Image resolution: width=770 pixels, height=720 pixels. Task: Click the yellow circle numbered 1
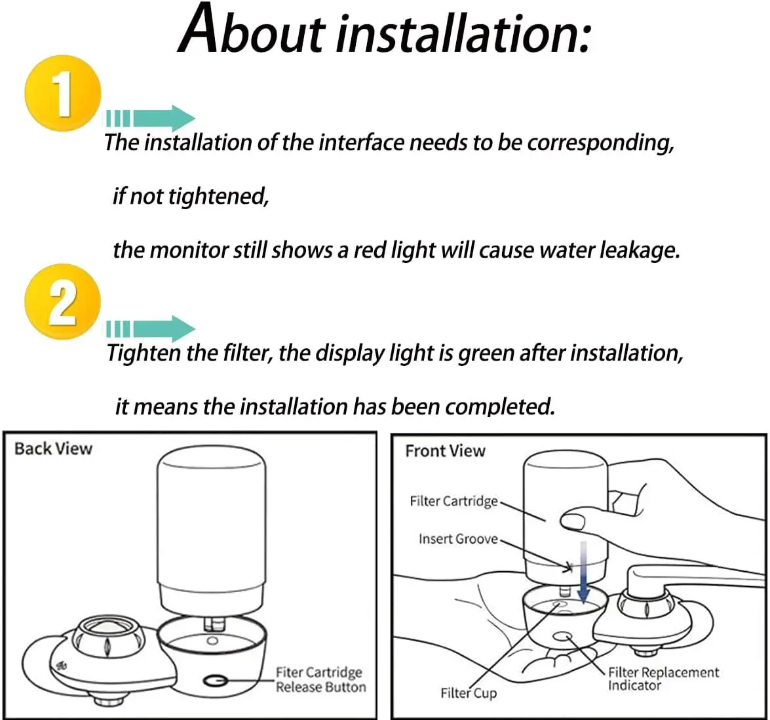coord(62,93)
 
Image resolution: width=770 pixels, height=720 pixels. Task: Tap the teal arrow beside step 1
coord(151,119)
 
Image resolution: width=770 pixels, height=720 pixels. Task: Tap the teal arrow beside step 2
coord(151,329)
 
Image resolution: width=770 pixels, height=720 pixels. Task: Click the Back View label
coord(53,449)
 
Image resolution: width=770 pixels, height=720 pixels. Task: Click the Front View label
coord(445,451)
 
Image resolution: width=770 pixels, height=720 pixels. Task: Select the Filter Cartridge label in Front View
coord(453,501)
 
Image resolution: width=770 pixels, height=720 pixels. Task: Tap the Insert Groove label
coord(457,539)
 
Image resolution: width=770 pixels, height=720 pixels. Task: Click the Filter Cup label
coord(469,693)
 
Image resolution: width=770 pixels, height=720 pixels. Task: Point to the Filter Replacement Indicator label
coord(663,679)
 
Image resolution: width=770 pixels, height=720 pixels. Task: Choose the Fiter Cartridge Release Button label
coord(320,680)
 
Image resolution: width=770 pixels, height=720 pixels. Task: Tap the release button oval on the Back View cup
coord(215,680)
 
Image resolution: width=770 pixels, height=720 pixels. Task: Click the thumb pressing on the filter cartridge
coord(573,521)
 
